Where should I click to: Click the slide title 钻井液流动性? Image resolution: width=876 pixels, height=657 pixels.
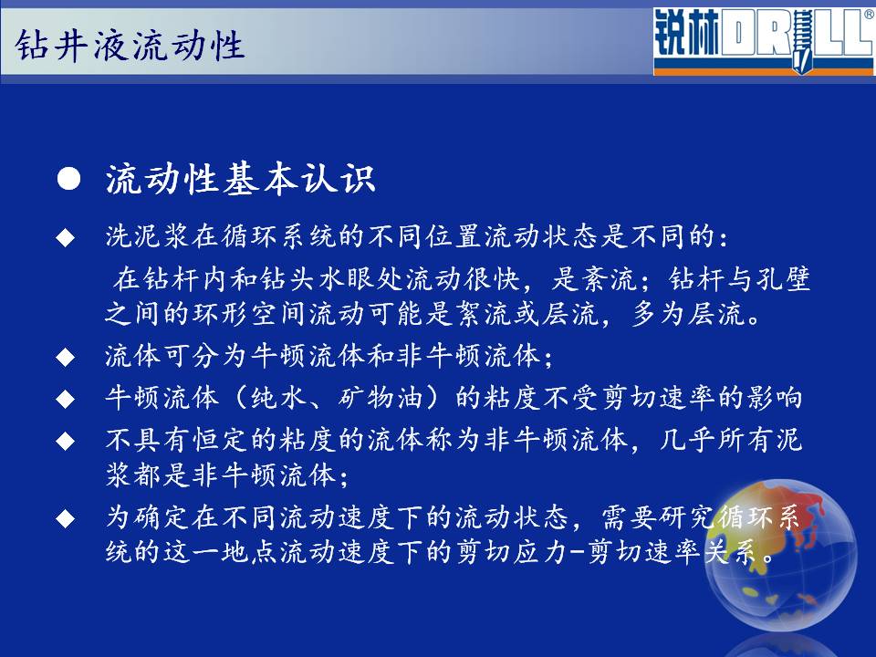coord(130,45)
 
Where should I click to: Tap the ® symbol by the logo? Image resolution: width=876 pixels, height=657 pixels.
coord(870,14)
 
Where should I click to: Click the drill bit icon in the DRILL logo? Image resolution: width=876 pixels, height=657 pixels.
coord(802,40)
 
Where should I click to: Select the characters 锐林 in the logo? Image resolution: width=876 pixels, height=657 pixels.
coord(687,33)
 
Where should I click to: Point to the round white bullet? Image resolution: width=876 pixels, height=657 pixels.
coord(68,179)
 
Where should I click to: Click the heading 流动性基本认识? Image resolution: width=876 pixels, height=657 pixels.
coord(240,179)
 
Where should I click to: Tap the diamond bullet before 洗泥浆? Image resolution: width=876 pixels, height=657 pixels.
coord(66,237)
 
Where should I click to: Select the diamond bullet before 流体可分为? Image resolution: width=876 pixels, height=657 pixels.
coord(66,357)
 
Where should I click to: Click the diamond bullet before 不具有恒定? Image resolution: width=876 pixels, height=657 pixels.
coord(66,442)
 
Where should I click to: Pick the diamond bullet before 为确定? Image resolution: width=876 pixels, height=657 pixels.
coord(66,518)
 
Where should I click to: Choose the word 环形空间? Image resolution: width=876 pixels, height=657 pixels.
coord(249,313)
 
